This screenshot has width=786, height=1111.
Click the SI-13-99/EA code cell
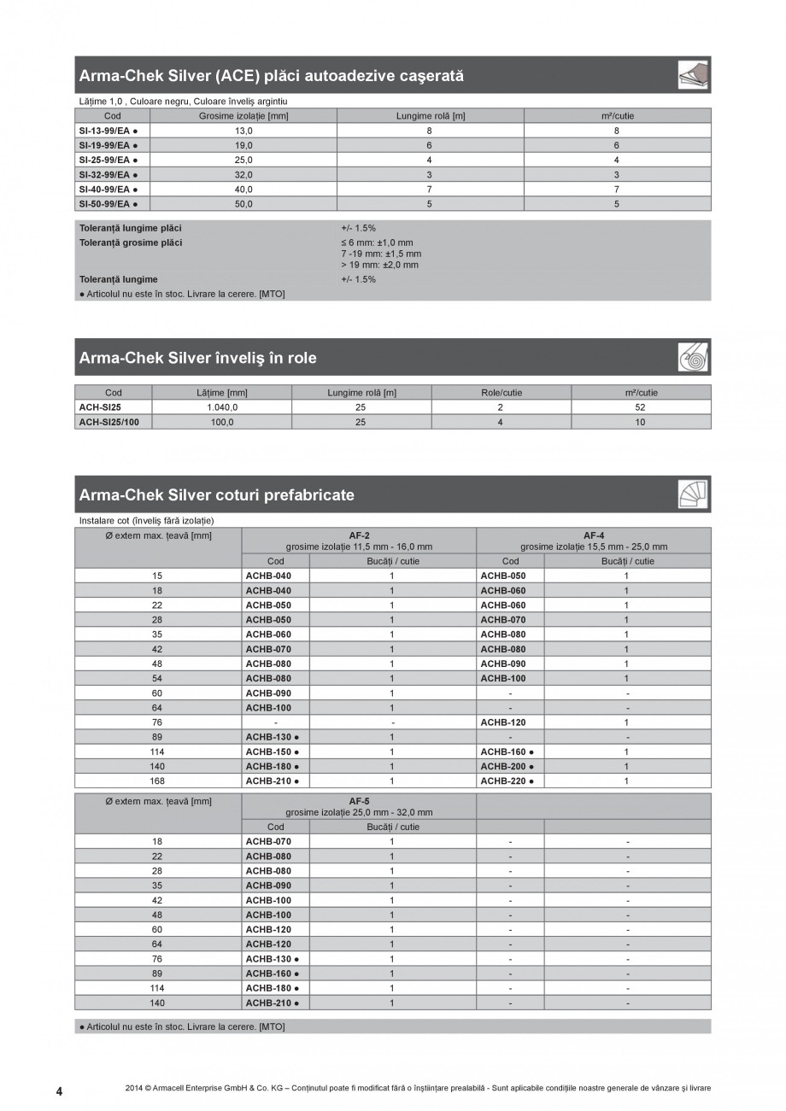108,131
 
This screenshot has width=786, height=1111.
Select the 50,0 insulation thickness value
243,204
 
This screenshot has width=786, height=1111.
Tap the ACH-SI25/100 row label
109,422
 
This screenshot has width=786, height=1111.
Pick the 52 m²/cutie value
641,407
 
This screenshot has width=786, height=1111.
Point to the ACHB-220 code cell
507,781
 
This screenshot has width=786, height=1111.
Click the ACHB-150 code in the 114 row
273,751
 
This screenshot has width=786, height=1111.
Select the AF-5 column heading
359,801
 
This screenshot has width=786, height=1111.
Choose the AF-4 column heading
594,535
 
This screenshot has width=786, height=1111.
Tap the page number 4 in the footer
59,1091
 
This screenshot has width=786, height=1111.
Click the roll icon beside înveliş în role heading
694,358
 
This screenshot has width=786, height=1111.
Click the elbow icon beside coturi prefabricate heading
694,494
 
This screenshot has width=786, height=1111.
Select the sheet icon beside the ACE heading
694,75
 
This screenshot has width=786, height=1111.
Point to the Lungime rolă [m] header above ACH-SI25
361,393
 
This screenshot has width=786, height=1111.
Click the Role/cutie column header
501,393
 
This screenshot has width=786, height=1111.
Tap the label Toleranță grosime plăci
131,243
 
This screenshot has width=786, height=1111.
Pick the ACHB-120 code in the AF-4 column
504,722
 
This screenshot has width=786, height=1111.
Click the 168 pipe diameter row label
157,781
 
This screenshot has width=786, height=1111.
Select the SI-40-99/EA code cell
108,190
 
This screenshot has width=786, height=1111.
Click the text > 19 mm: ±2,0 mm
379,265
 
